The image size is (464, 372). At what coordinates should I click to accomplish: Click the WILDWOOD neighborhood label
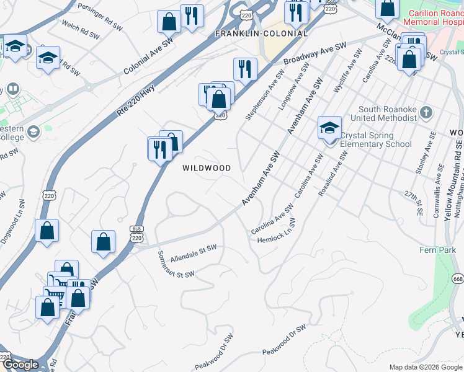click(206, 168)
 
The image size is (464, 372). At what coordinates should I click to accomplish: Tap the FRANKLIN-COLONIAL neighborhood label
click(261, 33)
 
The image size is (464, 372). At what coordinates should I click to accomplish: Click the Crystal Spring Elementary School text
click(377, 140)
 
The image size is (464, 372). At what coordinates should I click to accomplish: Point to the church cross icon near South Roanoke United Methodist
click(425, 112)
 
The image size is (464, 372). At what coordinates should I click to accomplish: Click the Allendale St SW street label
click(194, 251)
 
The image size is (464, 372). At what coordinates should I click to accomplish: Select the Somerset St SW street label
click(176, 265)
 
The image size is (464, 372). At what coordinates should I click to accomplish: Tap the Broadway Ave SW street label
click(315, 55)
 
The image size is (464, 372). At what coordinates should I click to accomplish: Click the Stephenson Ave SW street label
click(264, 94)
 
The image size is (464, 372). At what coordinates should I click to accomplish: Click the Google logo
click(21, 365)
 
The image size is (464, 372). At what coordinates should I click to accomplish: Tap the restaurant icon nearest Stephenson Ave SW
click(245, 69)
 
